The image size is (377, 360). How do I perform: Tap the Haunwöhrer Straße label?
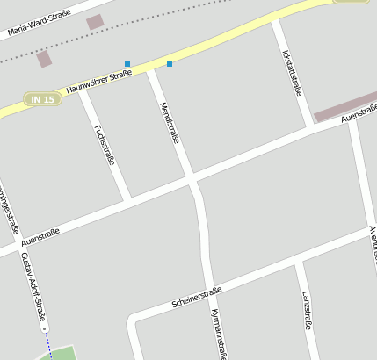pos(98,82)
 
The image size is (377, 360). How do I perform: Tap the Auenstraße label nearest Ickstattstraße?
pos(358,116)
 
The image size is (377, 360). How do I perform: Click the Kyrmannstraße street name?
pos(220,334)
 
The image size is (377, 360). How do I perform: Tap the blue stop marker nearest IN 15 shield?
pos(127,64)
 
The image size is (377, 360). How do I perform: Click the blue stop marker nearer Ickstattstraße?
pos(170,64)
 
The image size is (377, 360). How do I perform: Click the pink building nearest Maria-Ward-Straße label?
pos(95,22)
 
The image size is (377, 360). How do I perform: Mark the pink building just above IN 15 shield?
pos(44,59)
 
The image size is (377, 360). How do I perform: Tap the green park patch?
pos(60,354)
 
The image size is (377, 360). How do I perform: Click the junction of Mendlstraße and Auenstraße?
pos(191,180)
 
